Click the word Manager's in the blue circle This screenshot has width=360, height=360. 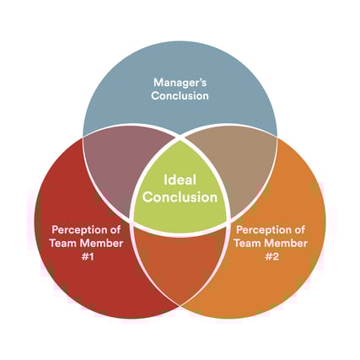pos(180,83)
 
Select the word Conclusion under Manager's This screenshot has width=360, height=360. pos(180,95)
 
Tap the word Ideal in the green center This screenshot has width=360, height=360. pos(180,180)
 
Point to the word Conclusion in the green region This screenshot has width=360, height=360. pos(180,197)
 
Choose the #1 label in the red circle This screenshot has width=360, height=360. pos(88,256)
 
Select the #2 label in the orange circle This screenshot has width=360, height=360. pos(271,256)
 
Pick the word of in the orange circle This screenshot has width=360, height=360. pos(299,229)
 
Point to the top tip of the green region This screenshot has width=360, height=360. pos(180,137)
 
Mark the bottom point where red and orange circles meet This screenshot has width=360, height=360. pos(180,306)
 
